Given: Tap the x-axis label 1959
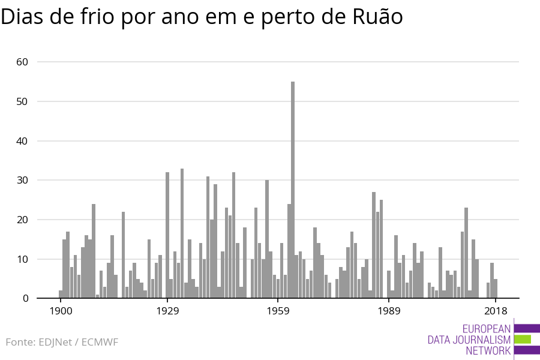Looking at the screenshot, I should (x=278, y=311).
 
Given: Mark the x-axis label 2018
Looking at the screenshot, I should (x=496, y=311).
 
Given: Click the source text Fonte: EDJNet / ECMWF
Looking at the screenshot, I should (x=62, y=342).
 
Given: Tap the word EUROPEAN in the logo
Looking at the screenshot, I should (x=487, y=329).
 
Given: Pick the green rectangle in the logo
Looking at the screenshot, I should (x=523, y=340).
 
